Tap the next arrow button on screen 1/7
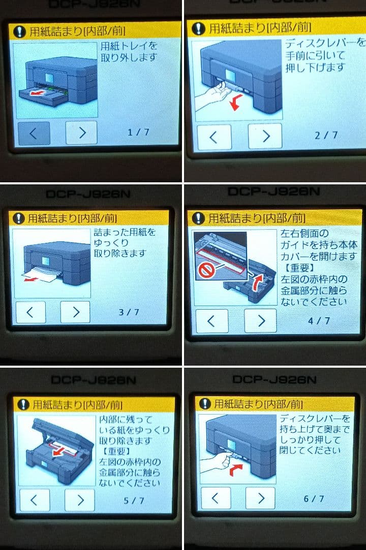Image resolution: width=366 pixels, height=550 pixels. click(x=81, y=133)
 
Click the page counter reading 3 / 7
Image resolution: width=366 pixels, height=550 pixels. click(x=129, y=312)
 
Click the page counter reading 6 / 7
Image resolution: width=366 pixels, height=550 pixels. click(x=314, y=499)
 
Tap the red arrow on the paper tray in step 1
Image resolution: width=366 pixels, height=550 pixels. click(x=35, y=94)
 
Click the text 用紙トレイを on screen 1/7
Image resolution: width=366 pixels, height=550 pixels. click(x=129, y=46)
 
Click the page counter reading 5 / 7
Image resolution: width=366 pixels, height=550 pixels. click(x=134, y=501)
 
